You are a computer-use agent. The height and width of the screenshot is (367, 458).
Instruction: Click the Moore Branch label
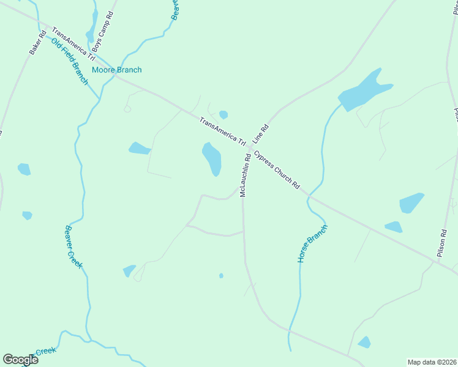116,70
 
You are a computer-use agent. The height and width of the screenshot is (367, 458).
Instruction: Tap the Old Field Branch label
70,61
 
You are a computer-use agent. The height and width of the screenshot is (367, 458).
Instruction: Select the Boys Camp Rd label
103,31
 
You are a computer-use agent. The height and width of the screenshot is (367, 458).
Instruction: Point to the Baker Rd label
38,43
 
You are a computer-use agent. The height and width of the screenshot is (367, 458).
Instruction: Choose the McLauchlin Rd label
245,175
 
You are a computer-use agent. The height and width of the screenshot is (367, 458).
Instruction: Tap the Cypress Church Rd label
277,169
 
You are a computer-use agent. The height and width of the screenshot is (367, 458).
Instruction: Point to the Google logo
20,360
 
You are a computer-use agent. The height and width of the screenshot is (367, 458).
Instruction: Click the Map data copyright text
432,361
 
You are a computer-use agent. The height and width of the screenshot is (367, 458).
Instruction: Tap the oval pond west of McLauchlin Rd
212,158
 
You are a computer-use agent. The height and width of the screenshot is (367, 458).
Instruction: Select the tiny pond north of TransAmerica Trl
223,114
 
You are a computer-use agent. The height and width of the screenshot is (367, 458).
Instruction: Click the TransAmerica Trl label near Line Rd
222,132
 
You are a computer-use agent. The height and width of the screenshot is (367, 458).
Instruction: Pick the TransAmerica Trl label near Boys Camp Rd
73,43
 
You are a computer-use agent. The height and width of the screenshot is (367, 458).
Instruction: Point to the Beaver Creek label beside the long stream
73,247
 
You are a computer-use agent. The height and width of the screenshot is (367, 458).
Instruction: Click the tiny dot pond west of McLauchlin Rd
221,275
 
